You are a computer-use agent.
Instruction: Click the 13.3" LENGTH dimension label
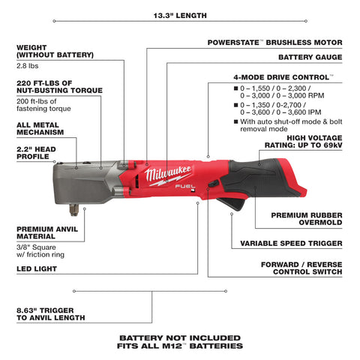point(180,15)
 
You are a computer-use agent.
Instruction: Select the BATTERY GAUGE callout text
point(310,56)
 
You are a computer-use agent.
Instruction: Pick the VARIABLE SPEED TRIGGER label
point(290,244)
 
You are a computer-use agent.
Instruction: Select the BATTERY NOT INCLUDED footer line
point(180,337)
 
